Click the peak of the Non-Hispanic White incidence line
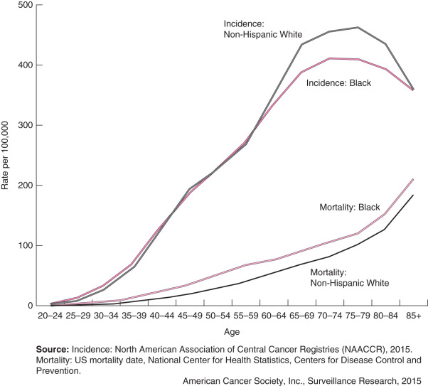point(358,28)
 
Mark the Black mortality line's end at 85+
point(412,180)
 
